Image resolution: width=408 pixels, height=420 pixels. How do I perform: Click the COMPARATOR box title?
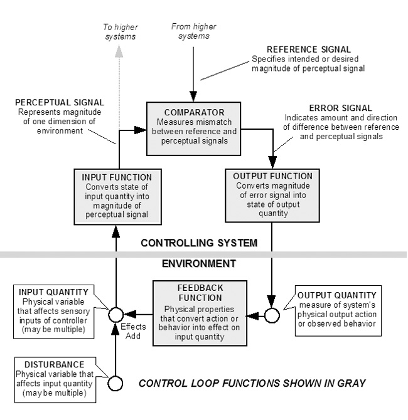(194, 112)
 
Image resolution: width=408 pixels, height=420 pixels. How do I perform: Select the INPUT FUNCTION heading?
(117, 177)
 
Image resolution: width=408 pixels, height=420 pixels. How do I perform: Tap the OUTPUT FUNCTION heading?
(273, 176)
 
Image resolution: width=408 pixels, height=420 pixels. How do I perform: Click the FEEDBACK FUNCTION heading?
(200, 293)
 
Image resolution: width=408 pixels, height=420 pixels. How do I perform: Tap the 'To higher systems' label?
(121, 31)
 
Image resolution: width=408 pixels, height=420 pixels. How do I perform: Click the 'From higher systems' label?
(194, 31)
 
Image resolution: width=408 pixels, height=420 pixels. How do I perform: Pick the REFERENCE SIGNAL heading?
(309, 50)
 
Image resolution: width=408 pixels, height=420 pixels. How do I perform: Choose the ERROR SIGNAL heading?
(341, 108)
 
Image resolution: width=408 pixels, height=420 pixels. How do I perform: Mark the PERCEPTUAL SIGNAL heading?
(60, 103)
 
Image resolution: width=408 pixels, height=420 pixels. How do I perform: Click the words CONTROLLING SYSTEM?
(199, 243)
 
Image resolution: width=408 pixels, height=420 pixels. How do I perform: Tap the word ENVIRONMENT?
(199, 263)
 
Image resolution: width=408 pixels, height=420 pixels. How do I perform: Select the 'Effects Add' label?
(133, 332)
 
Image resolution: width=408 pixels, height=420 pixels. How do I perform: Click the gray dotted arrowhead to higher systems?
(119, 51)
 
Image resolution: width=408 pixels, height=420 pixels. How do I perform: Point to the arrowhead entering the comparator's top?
(193, 97)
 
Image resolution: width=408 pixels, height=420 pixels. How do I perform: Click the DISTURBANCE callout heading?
(55, 365)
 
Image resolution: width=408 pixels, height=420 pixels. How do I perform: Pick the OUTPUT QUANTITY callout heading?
(337, 295)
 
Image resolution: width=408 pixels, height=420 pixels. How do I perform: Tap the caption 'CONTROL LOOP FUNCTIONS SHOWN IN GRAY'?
(252, 383)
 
